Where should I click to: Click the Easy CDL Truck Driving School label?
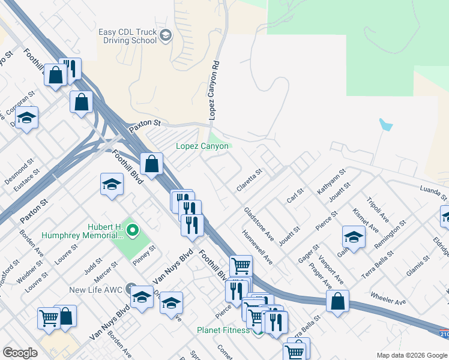coord(127,37)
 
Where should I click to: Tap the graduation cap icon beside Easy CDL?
coord(165,37)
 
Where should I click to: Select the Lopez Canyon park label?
coord(202,146)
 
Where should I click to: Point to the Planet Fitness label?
coord(223,331)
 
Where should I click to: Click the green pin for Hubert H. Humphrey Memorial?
coord(133,229)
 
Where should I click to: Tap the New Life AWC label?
coord(95,290)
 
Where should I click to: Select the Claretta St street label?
coord(249,180)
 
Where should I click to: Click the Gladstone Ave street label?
coord(259,225)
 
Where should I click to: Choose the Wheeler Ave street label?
coord(388,298)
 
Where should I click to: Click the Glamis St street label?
coord(417,268)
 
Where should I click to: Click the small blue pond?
coord(385,125)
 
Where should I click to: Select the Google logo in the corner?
coord(20,353)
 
